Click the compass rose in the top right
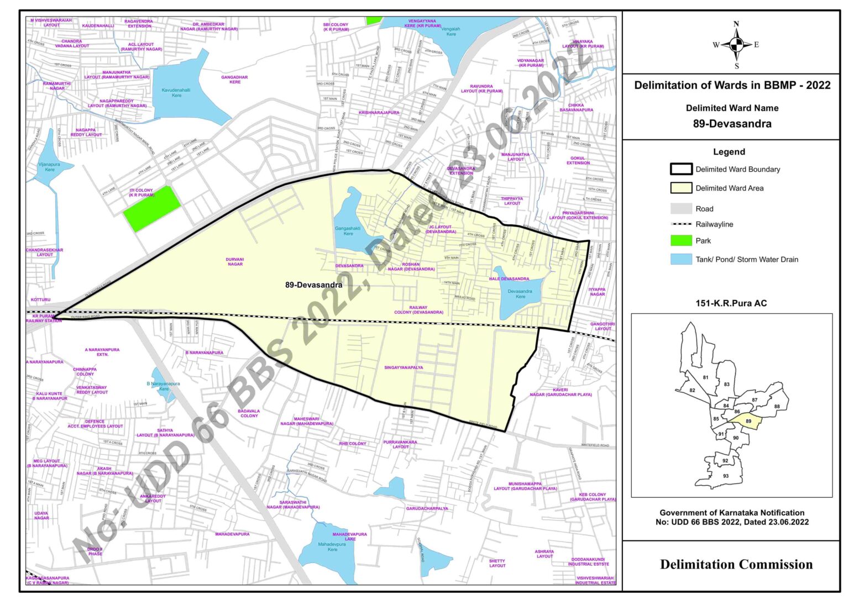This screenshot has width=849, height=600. (736, 45)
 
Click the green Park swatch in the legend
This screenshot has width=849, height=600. (681, 240)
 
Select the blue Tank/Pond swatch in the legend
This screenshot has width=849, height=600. (681, 259)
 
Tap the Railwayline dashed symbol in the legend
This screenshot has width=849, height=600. (681, 224)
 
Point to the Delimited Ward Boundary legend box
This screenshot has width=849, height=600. (681, 169)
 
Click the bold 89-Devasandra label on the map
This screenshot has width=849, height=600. (313, 285)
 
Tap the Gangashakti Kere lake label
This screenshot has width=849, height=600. (348, 230)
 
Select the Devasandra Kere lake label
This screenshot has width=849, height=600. (520, 293)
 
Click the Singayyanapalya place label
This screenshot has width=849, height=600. (403, 367)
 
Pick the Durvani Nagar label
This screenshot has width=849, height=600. (235, 261)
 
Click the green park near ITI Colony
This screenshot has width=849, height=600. (151, 208)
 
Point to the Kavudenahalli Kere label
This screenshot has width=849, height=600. (176, 92)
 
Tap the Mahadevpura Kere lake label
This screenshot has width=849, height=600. (332, 547)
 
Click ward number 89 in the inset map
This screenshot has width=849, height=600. (748, 421)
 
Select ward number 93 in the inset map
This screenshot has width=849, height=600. (725, 476)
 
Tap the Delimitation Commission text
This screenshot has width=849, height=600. (736, 564)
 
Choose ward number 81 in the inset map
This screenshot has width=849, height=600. (705, 377)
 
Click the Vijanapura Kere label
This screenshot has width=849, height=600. (49, 167)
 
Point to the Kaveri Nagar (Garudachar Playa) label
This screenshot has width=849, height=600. (560, 392)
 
